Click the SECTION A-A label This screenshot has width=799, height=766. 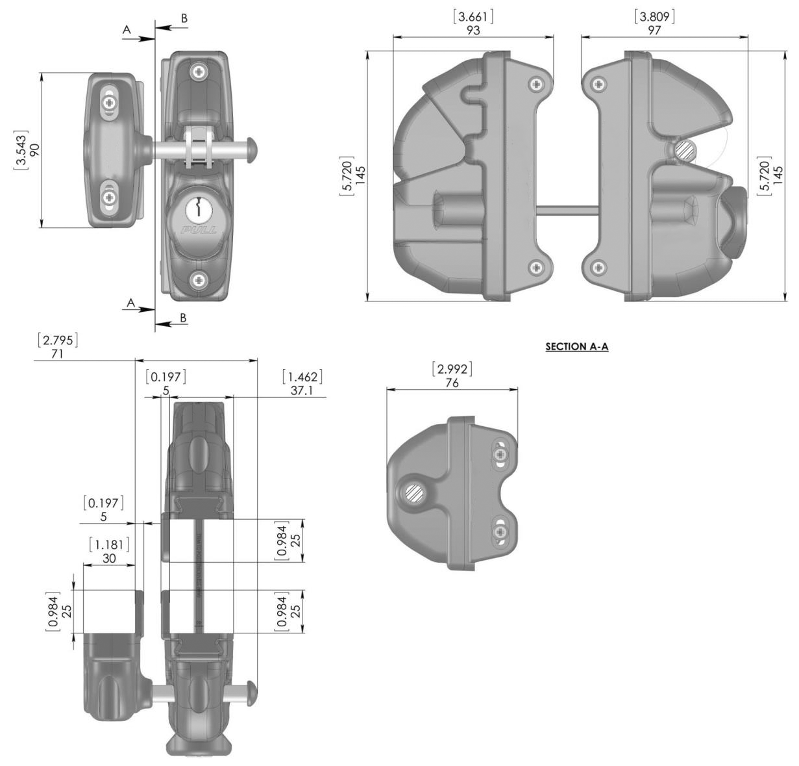[577, 347]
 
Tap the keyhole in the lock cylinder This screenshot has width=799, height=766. [198, 209]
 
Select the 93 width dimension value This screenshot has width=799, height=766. [473, 30]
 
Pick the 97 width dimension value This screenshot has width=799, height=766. [655, 30]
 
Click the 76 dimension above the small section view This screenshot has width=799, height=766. [452, 383]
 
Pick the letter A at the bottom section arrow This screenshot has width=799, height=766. [131, 303]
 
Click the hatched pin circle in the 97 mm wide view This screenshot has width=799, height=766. [684, 150]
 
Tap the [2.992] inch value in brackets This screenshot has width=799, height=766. [452, 370]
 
